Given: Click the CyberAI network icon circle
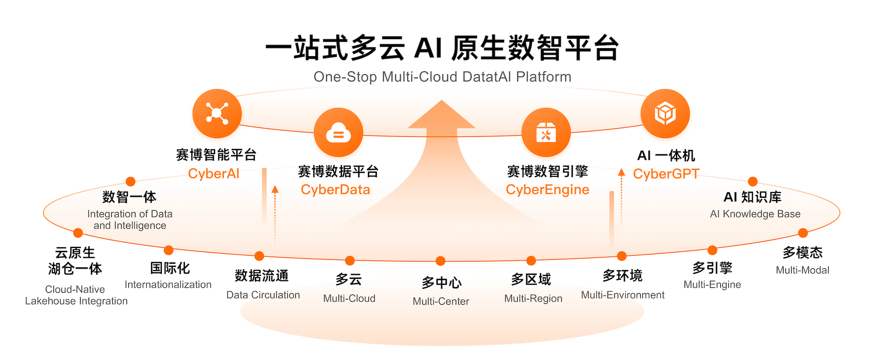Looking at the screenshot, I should point(217,113).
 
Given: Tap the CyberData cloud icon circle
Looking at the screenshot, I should point(339,132).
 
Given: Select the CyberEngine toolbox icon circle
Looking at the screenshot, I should point(546,132).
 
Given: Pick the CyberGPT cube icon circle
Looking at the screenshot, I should point(665,113).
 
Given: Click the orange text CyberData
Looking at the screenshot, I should point(335,190).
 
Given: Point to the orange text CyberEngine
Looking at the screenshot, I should point(547,190).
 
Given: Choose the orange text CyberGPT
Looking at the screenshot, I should point(666,174).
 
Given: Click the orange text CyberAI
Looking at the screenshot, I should point(214,174).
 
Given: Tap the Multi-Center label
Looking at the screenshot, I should point(441,301).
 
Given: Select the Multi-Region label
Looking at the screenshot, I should point(533,299).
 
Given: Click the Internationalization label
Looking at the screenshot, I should point(168,285).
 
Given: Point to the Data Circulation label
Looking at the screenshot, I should point(263,295).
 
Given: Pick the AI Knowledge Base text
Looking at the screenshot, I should point(755,214).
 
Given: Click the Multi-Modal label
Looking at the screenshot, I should point(802,270).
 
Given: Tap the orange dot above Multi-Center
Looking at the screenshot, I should point(441,261).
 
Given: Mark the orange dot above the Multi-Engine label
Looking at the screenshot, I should point(712,250).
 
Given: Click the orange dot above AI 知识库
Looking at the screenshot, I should point(753,181).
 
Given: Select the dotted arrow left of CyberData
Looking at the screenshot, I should point(275,214).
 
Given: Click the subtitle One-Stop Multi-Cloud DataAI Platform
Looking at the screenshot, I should point(442,77).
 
